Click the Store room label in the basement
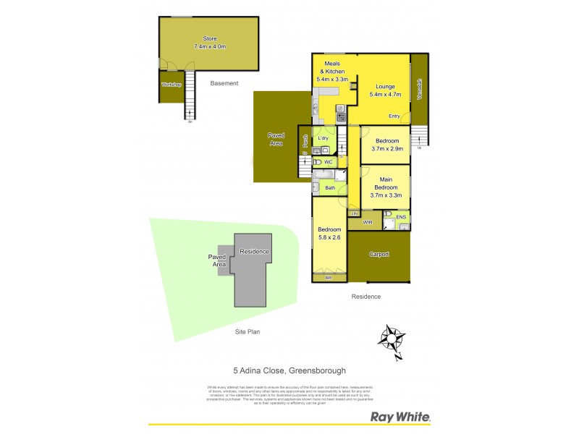(210, 38)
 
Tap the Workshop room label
(171, 85)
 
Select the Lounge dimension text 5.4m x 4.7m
(385, 95)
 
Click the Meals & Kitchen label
(332, 68)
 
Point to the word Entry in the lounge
(394, 116)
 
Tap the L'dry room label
(324, 138)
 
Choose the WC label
(328, 162)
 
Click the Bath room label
(330, 188)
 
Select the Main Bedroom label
(385, 182)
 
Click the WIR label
(367, 222)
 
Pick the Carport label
(379, 254)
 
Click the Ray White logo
(400, 417)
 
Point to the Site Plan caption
(248, 332)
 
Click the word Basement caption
(224, 83)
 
